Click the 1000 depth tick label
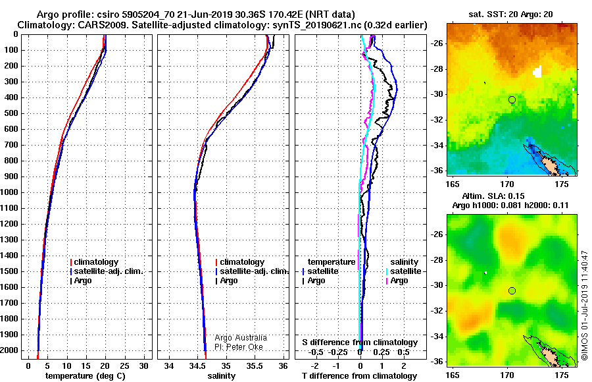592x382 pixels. [9, 192]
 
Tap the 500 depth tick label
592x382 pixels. [11, 113]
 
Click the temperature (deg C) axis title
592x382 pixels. [86, 376]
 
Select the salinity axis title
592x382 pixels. [222, 376]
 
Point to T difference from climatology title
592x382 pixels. [359, 376]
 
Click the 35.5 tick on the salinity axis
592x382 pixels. [255, 366]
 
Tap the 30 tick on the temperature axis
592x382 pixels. [144, 366]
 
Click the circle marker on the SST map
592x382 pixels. [512, 100]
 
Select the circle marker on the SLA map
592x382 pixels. [512, 290]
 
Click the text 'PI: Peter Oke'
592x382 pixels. [239, 347]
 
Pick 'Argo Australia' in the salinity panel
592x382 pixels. [241, 338]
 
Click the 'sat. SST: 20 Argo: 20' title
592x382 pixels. [511, 14]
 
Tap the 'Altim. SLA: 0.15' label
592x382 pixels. [493, 196]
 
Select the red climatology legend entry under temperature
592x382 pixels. [94, 262]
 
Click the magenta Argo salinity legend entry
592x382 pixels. [397, 281]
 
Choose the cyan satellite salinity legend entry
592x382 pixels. [403, 271]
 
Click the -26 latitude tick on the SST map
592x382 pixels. [437, 43]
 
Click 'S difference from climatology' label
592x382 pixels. [360, 342]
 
